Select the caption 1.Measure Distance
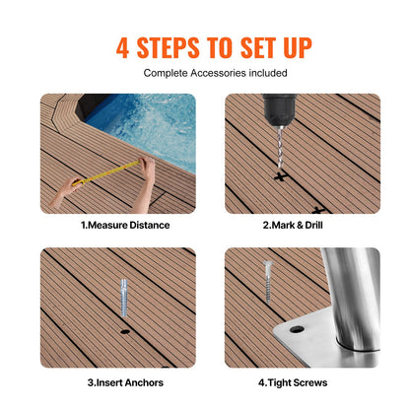[124, 225]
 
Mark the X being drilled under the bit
[282, 178]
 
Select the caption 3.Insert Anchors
[124, 382]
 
